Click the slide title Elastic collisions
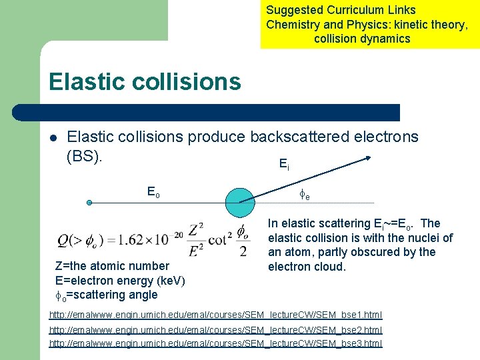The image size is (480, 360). tap(144, 82)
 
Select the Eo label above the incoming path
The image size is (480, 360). tap(153, 192)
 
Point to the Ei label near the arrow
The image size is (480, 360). tap(284, 164)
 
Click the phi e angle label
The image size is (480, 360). tap(303, 195)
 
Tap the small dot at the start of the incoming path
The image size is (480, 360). tap(89, 202)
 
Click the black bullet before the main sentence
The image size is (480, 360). tap(53, 139)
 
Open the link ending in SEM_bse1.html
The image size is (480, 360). tap(216, 314)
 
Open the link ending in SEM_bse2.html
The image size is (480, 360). tap(216, 329)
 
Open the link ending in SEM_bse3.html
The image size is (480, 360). tap(216, 343)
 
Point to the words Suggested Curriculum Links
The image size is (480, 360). tap(341, 10)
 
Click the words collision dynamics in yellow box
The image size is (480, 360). tap(362, 39)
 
